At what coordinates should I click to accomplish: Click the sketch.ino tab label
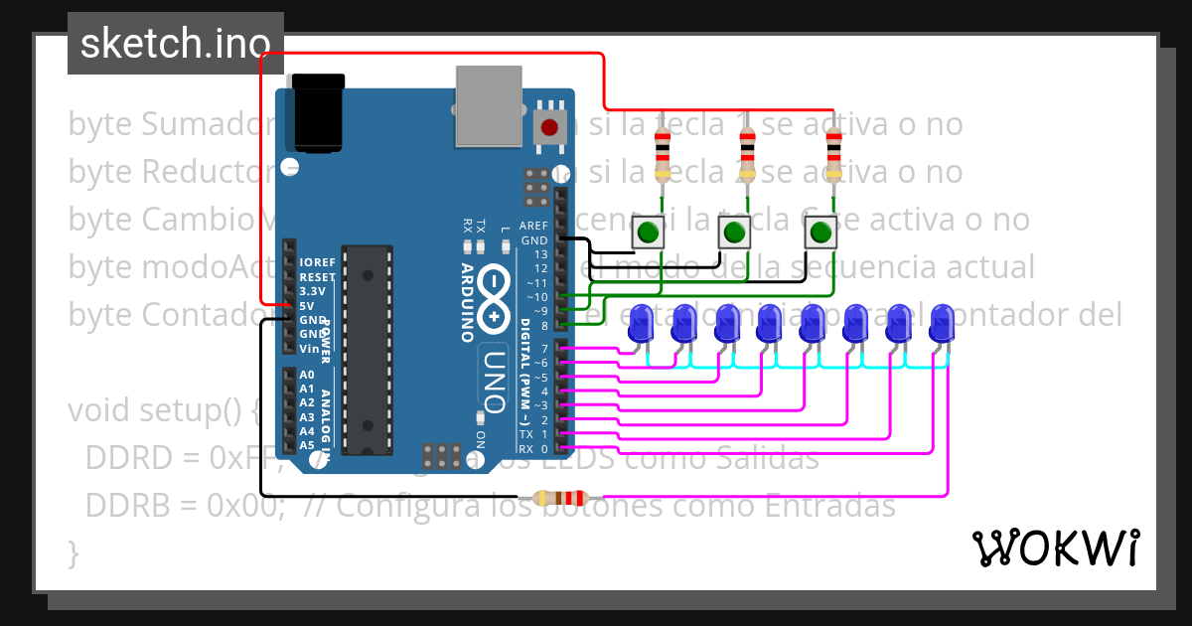[175, 44]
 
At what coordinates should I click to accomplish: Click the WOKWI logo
[1055, 548]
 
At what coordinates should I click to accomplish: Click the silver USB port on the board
[488, 105]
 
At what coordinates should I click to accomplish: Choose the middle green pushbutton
[734, 234]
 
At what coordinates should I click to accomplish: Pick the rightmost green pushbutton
[819, 234]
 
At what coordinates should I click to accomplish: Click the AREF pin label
[533, 226]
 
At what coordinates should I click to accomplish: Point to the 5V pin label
[308, 306]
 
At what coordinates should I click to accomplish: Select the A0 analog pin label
[307, 375]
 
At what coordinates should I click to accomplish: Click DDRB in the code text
[125, 506]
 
